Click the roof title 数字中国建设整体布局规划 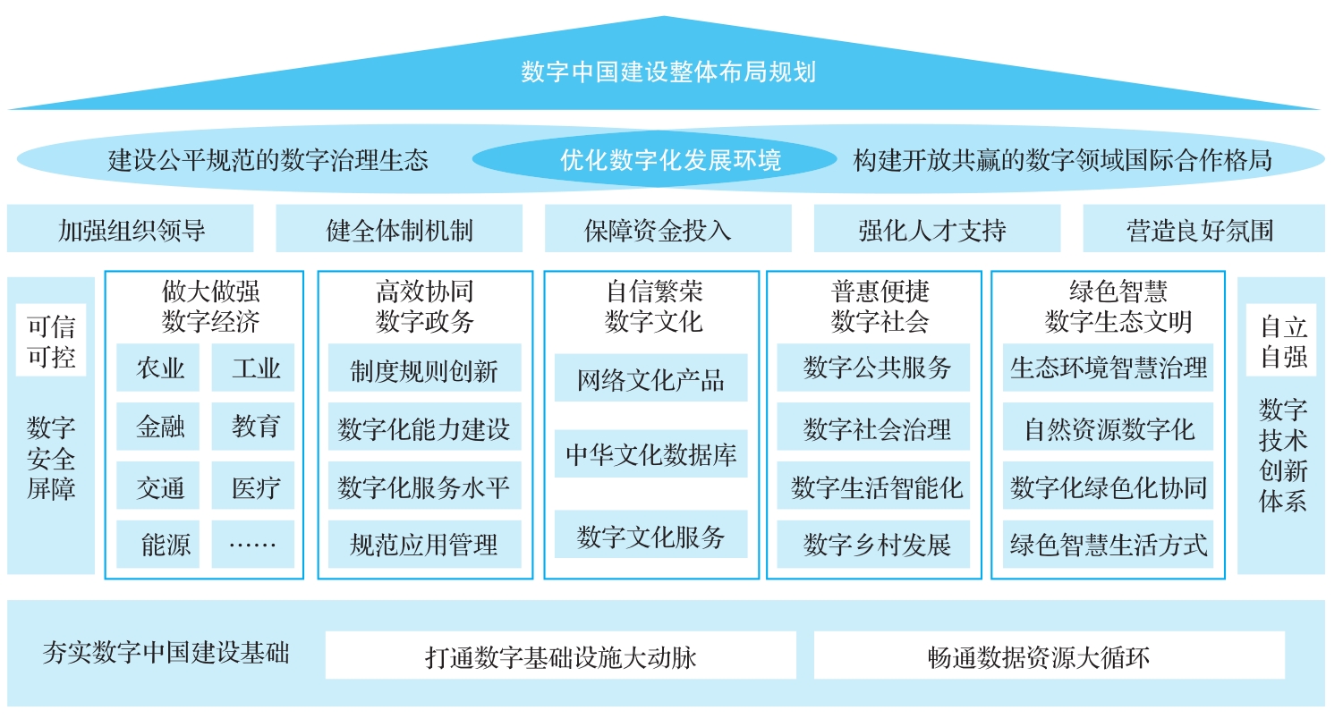click(667, 72)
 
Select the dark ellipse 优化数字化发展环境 click(655, 159)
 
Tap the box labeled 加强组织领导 click(130, 228)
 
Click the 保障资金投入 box click(667, 228)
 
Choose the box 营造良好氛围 click(1204, 228)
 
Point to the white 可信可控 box click(51, 341)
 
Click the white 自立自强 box click(1281, 341)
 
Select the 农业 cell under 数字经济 click(157, 368)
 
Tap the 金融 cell click(157, 426)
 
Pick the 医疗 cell click(253, 486)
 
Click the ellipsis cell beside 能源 click(253, 544)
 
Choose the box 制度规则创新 click(424, 368)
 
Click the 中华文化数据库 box click(651, 453)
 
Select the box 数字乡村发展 click(873, 544)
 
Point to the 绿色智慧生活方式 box click(1108, 544)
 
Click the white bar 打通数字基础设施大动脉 click(561, 655)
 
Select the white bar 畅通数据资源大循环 click(1050, 655)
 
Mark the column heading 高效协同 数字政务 click(424, 307)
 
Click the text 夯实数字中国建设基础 click(166, 653)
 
